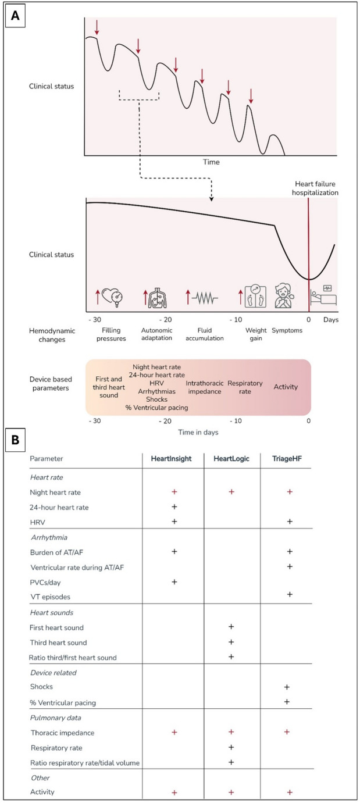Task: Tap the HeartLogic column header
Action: (232, 474)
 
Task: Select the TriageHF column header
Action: (288, 474)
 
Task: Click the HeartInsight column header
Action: (174, 474)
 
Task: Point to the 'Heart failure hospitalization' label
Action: (308, 186)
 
